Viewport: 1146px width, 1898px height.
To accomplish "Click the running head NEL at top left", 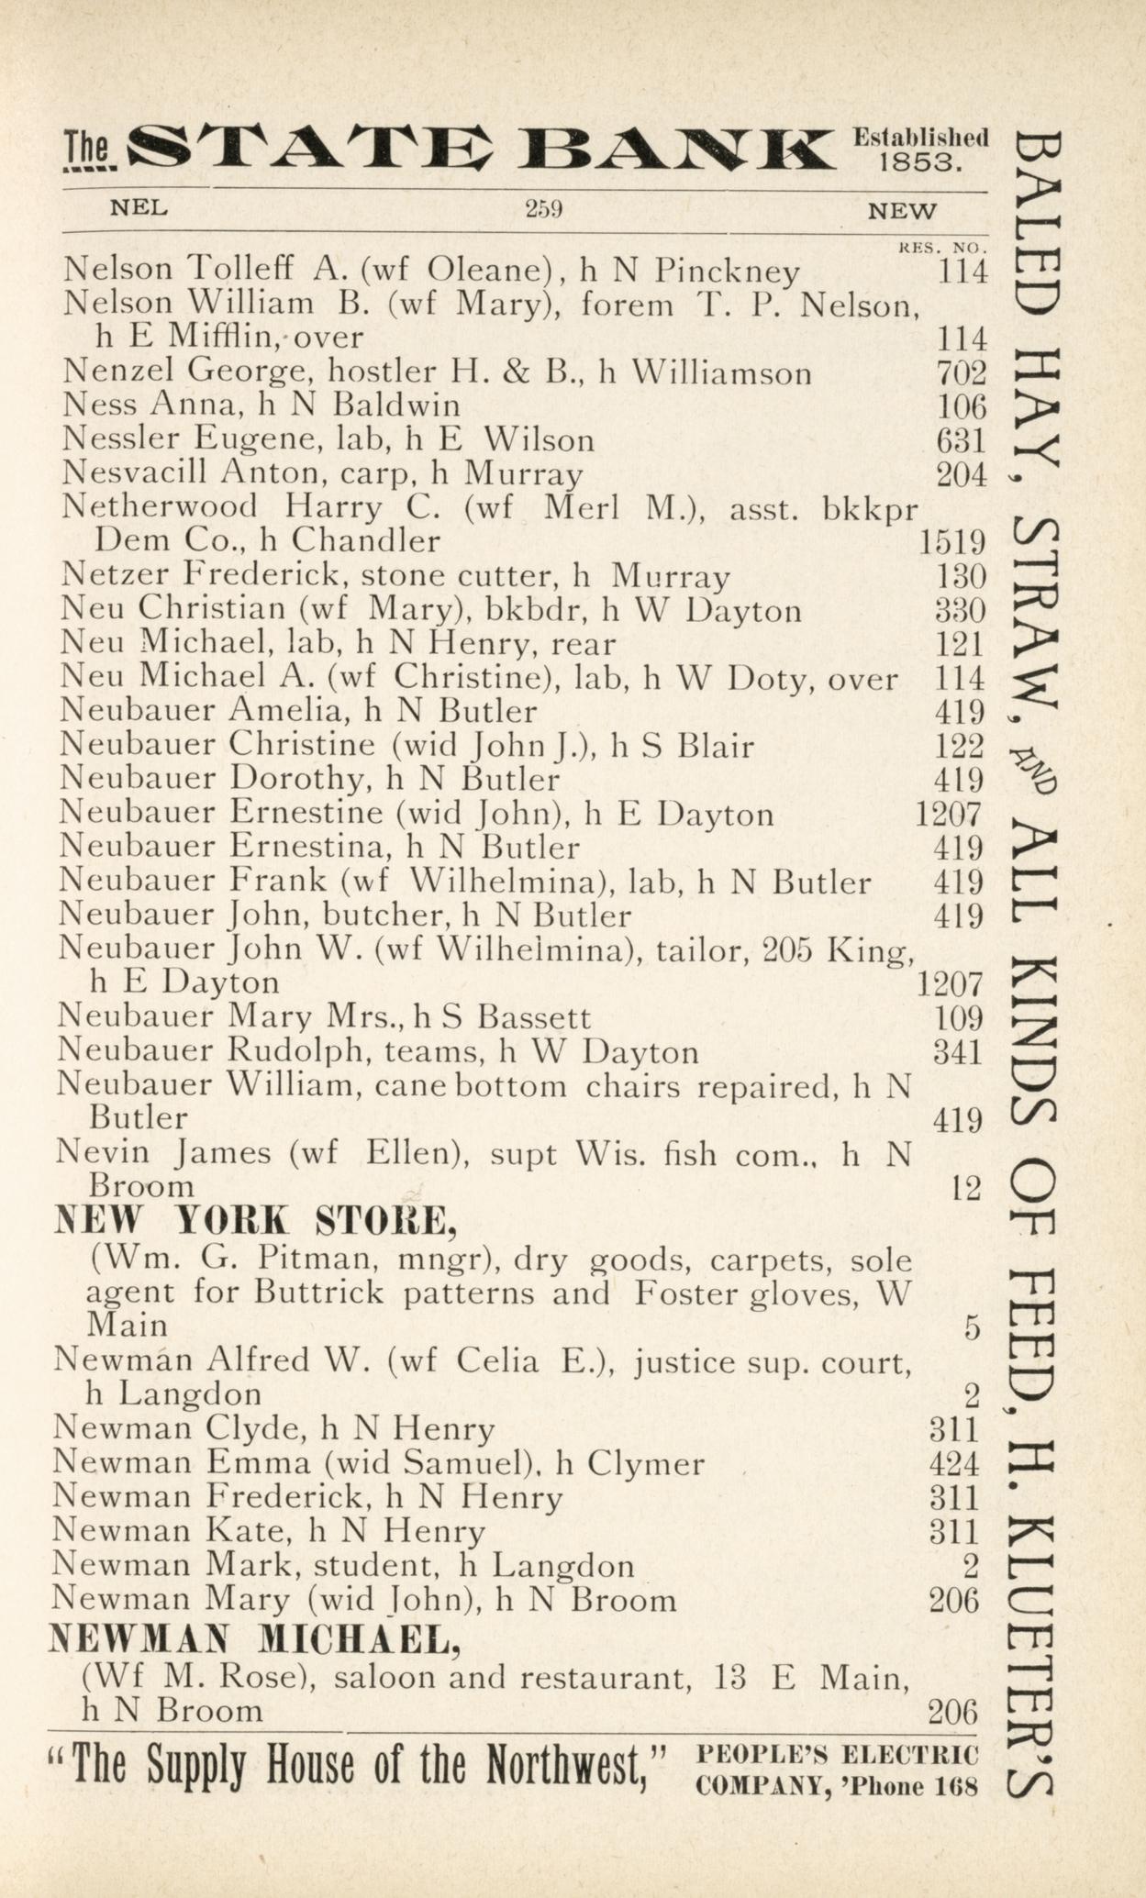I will pyautogui.click(x=139, y=208).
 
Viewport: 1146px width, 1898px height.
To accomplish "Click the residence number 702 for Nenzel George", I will pyautogui.click(x=961, y=373).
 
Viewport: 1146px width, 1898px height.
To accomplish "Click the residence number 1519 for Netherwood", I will pyautogui.click(x=951, y=543).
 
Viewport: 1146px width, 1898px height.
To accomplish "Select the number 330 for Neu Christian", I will pyautogui.click(x=960, y=611).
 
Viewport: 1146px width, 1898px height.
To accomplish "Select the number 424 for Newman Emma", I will pyautogui.click(x=954, y=1464).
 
